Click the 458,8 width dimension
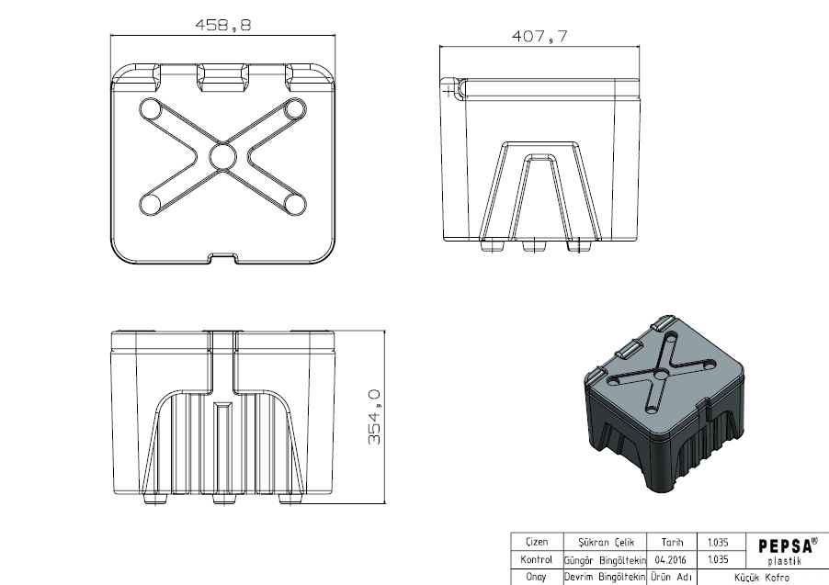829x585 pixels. [x=223, y=25]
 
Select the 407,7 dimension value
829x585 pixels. [x=539, y=36]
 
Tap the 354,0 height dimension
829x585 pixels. [x=374, y=417]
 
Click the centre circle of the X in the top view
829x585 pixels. [x=222, y=156]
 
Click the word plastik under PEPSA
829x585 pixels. [x=785, y=561]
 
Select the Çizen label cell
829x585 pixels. [x=537, y=542]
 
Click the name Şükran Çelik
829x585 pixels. [x=606, y=542]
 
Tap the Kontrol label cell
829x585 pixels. [x=537, y=559]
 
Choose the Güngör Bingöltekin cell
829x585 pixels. [x=605, y=560]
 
